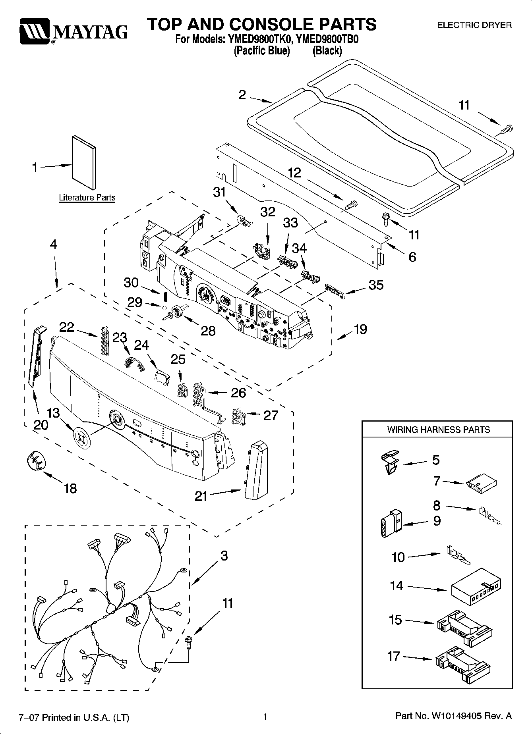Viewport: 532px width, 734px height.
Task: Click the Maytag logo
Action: pyautogui.click(x=74, y=31)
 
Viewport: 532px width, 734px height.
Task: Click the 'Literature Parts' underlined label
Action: pyautogui.click(x=87, y=198)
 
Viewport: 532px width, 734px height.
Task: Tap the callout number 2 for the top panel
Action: pyautogui.click(x=242, y=95)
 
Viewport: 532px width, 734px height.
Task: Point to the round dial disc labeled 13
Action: pyautogui.click(x=82, y=438)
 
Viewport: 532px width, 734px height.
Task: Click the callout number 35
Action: pyautogui.click(x=376, y=285)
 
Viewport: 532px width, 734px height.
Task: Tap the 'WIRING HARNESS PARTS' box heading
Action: pyautogui.click(x=438, y=430)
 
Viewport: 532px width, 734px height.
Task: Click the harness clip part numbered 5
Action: pyautogui.click(x=389, y=462)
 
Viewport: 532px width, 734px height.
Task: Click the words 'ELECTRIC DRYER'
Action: pyautogui.click(x=474, y=25)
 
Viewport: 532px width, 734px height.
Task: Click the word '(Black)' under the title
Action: pyautogui.click(x=327, y=51)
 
